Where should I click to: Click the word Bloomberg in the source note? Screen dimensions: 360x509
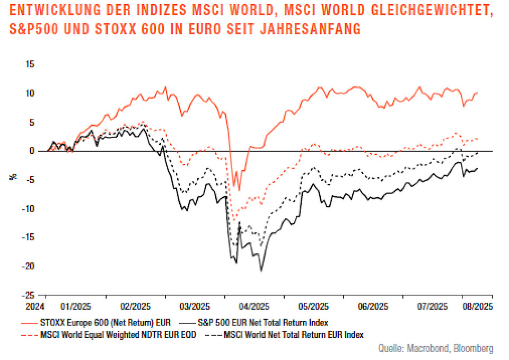tap(472, 348)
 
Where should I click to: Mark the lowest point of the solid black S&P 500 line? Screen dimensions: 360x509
tap(261, 271)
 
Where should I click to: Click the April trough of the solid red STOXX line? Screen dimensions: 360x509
tap(239, 190)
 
